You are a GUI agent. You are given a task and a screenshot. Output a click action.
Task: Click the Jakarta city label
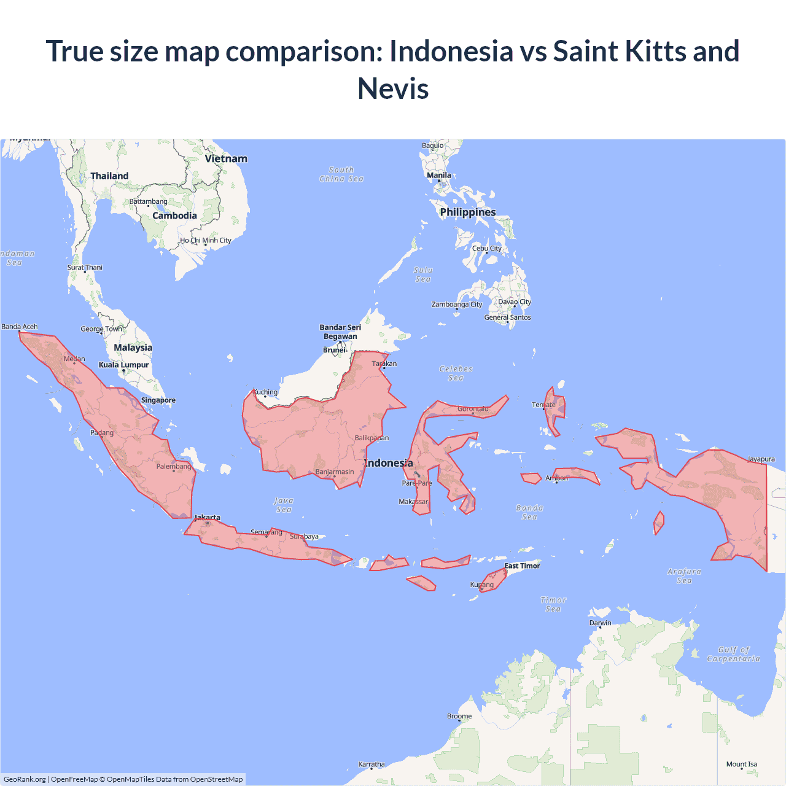pos(208,518)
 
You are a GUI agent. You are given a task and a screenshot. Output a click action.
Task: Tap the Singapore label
pos(158,400)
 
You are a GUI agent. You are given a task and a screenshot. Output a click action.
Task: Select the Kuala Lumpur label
pos(124,365)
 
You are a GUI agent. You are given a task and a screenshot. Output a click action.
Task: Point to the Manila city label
pos(439,176)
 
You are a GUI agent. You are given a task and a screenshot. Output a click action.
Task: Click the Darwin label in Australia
pos(601,623)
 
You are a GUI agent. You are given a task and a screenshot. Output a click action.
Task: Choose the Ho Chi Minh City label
pos(206,241)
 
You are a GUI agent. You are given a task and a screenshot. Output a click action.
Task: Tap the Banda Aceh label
pos(20,327)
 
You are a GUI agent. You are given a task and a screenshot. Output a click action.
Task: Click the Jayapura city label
pos(761,459)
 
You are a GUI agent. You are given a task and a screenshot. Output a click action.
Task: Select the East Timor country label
pos(522,566)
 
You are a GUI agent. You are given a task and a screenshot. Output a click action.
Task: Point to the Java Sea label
pos(284,505)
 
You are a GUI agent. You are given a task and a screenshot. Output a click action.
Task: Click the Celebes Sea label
pos(456,373)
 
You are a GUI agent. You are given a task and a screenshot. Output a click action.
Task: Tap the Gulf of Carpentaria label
pos(733,654)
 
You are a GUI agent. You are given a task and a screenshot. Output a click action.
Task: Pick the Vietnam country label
pos(226,158)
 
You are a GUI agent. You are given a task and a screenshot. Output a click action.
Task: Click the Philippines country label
pos(468,212)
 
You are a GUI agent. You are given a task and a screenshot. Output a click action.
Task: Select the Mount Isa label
pos(742,765)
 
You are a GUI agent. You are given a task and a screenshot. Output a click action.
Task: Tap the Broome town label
pos(459,716)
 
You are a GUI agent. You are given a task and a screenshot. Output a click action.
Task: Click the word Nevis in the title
pos(393,88)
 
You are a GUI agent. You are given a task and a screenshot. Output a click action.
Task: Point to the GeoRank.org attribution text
pos(25,779)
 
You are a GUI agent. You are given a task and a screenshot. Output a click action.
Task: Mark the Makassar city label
pos(413,502)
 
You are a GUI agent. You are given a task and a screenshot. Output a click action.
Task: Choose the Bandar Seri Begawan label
pos(340,332)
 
